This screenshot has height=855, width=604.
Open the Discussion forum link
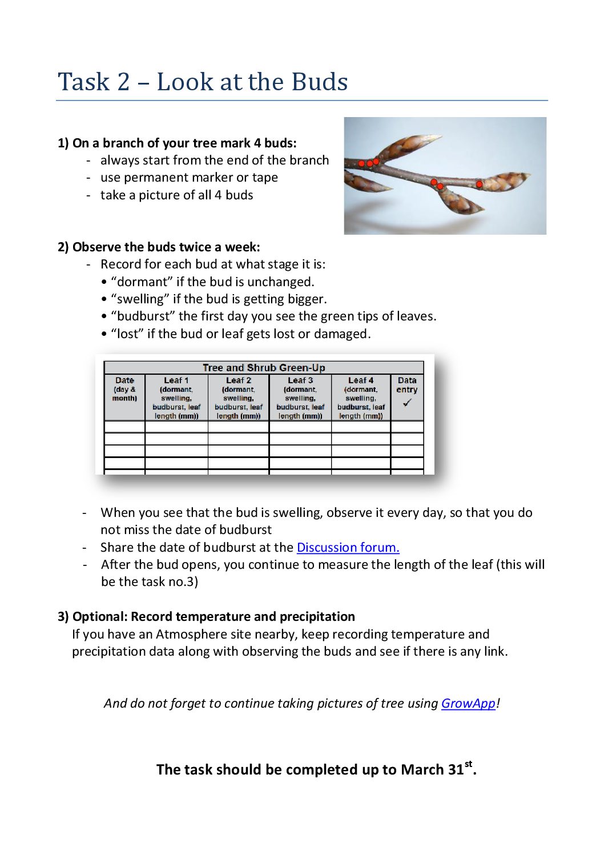[x=348, y=547]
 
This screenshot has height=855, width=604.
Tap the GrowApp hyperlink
[x=468, y=703]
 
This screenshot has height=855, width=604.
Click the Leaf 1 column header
[x=176, y=380]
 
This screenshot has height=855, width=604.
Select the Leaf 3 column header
[x=300, y=380]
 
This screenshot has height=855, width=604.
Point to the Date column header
[x=124, y=380]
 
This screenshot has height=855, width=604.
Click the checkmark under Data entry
[x=407, y=403]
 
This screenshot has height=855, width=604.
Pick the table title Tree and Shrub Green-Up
[x=264, y=367]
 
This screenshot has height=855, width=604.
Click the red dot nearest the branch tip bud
[x=479, y=184]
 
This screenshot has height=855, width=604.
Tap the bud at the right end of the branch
[x=505, y=182]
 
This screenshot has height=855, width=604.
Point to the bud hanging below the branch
[x=457, y=201]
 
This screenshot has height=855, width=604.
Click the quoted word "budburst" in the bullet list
[x=135, y=316]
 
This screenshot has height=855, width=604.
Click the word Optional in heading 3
[x=99, y=617]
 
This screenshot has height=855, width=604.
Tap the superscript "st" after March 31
[x=469, y=764]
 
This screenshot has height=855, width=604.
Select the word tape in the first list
[x=265, y=178]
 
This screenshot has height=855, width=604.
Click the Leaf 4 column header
[x=361, y=380]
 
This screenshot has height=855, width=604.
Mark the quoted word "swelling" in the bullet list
[x=138, y=299]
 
